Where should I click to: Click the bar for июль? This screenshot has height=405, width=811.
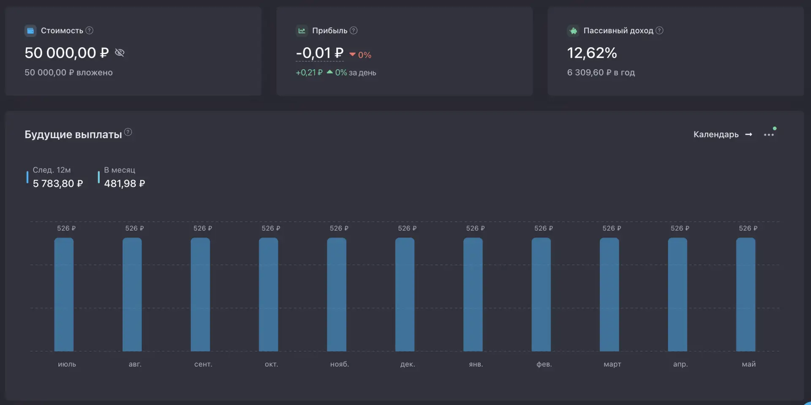click(x=64, y=294)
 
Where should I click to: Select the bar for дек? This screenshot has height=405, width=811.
click(x=405, y=294)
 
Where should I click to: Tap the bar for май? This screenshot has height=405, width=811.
click(x=746, y=294)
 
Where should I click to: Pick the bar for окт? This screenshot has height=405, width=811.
click(x=268, y=294)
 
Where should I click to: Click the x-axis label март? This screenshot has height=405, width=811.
click(x=612, y=364)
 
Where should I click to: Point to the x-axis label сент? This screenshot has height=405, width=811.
click(x=203, y=364)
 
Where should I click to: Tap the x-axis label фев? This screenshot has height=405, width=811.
click(x=544, y=364)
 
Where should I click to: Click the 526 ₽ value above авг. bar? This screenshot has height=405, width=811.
click(x=134, y=228)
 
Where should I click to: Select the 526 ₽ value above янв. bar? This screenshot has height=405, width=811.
click(x=475, y=228)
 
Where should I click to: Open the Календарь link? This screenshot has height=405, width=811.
click(x=723, y=134)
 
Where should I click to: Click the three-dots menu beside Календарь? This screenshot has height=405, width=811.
click(x=769, y=135)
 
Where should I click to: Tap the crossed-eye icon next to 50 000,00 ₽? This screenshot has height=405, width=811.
click(x=120, y=52)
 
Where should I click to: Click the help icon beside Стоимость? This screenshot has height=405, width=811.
click(x=89, y=30)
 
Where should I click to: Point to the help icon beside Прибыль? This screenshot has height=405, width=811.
click(x=354, y=30)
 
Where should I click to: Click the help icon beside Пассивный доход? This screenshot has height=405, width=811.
click(x=659, y=30)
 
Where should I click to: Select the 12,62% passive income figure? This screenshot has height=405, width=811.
click(x=592, y=53)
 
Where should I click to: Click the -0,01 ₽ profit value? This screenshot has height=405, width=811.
click(x=320, y=53)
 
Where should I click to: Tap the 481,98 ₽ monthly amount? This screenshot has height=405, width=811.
click(x=125, y=183)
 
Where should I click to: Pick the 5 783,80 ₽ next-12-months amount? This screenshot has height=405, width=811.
click(x=58, y=183)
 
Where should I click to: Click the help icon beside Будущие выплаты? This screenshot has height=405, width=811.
click(x=128, y=132)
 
